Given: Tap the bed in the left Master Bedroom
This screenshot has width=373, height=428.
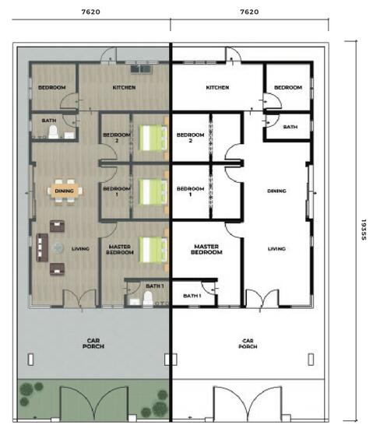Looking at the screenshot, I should tap(153, 250).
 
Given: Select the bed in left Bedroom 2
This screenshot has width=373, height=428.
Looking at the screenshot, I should tap(153, 139).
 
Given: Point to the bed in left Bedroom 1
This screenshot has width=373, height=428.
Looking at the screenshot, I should tap(153, 191).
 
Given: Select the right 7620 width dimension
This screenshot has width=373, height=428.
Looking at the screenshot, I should tap(249, 12).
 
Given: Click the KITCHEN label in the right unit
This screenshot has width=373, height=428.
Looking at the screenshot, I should tap(217, 88).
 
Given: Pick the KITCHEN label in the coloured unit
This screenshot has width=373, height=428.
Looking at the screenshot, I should tap(124, 88).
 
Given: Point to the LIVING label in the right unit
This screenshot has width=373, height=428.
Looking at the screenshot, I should tap(276, 249).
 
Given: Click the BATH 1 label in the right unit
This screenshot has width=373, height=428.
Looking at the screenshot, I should tap(192, 296).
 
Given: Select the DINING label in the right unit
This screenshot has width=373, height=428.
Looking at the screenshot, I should tap(276, 190).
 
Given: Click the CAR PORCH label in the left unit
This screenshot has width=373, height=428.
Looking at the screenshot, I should tap(93, 343).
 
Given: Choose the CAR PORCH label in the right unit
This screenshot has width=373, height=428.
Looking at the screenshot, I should tap(248, 343).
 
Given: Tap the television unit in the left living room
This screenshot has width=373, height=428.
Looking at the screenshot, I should tap(38, 248).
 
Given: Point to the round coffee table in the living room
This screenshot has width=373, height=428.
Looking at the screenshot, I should tap(59, 248).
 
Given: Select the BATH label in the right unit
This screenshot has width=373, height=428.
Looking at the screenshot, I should tap(290, 126).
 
